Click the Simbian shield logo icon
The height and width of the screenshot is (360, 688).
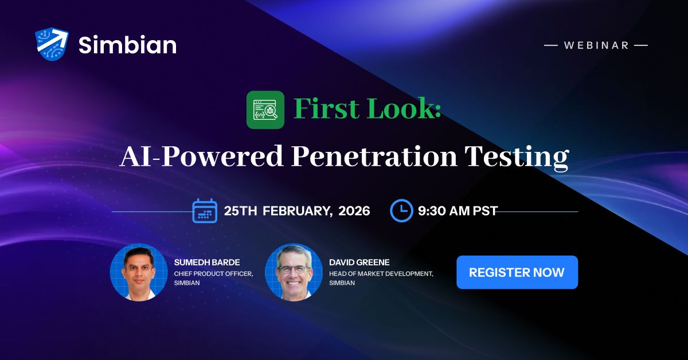click(x=52, y=44)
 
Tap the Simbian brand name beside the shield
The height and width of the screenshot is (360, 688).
click(x=127, y=45)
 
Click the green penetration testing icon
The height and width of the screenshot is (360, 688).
click(x=265, y=109)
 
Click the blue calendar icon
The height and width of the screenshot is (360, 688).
click(x=205, y=210)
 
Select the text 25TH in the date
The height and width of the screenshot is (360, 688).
click(x=240, y=211)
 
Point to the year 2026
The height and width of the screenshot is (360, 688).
click(x=354, y=211)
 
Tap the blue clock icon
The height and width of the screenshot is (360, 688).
click(x=401, y=210)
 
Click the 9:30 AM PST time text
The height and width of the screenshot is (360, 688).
click(x=458, y=211)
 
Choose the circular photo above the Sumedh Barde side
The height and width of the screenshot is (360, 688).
click(x=139, y=272)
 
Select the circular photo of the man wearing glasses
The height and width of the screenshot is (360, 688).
click(x=294, y=272)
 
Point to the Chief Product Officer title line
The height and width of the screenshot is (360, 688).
click(x=213, y=273)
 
